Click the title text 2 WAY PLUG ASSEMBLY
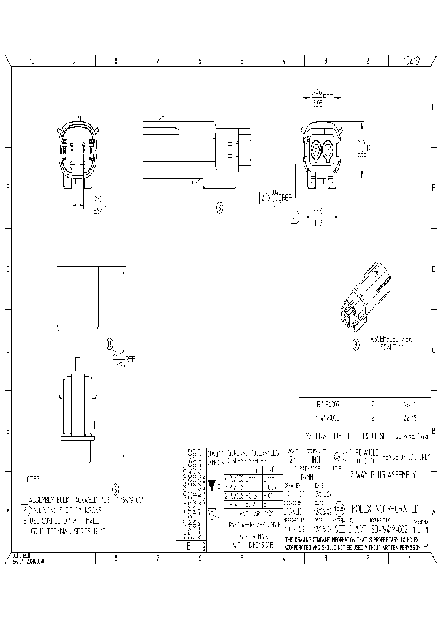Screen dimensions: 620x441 pyautogui.click(x=382, y=475)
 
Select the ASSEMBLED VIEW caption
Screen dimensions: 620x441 pyautogui.click(x=392, y=338)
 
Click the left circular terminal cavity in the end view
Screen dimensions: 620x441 pyautogui.click(x=316, y=149)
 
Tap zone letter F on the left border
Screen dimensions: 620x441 pyautogui.click(x=7, y=107)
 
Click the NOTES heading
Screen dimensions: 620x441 pyautogui.click(x=31, y=478)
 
